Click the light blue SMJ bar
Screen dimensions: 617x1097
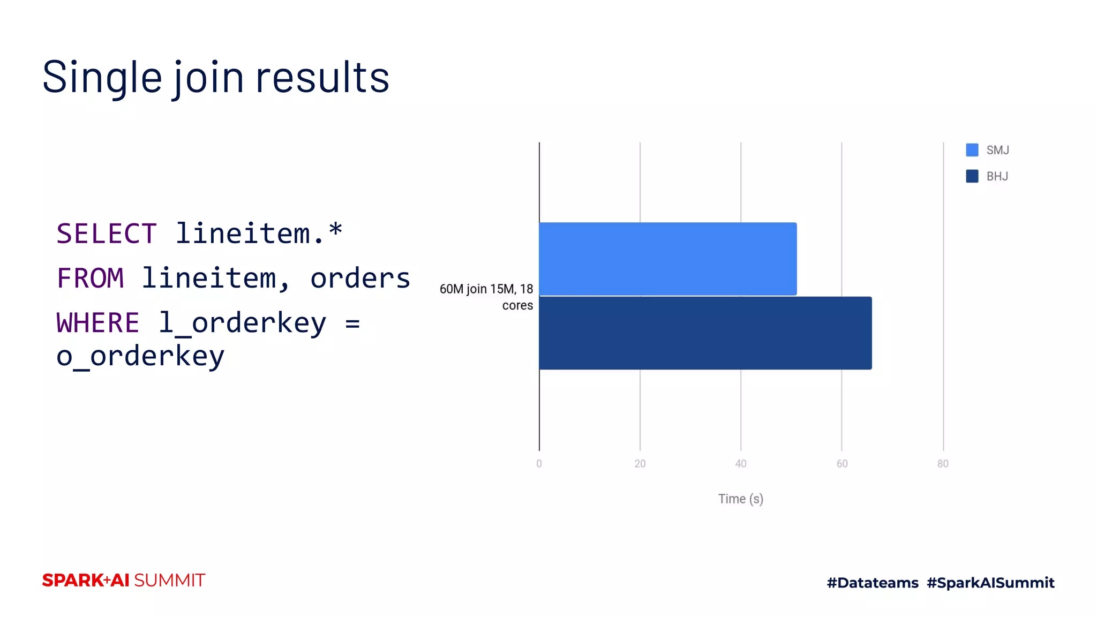pyautogui.click(x=667, y=259)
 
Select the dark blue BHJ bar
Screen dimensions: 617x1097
pyautogui.click(x=705, y=333)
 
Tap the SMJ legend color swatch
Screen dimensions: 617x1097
pyautogui.click(x=972, y=150)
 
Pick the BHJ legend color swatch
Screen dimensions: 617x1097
pyautogui.click(x=972, y=176)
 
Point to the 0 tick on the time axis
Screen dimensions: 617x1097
pyautogui.click(x=539, y=464)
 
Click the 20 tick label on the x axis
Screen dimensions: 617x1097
pyautogui.click(x=640, y=464)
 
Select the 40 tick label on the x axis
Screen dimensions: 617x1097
pyautogui.click(x=741, y=464)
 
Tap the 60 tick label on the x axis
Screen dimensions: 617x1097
pyautogui.click(x=842, y=464)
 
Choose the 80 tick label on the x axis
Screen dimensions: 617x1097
pyautogui.click(x=943, y=464)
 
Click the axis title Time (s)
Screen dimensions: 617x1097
pyautogui.click(x=741, y=499)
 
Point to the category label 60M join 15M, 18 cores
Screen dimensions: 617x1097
pyautogui.click(x=486, y=297)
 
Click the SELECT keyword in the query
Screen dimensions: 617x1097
pyautogui.click(x=107, y=234)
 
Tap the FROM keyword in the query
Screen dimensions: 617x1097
pyautogui.click(x=91, y=279)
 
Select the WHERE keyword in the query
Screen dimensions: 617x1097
pyautogui.click(x=98, y=323)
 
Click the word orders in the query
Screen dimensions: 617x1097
pyautogui.click(x=360, y=279)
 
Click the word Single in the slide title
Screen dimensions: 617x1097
pyautogui.click(x=102, y=78)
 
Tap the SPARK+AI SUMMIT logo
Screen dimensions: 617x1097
pyautogui.click(x=124, y=580)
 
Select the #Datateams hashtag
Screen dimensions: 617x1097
pyautogui.click(x=873, y=583)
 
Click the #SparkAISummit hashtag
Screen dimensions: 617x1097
pyautogui.click(x=990, y=583)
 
